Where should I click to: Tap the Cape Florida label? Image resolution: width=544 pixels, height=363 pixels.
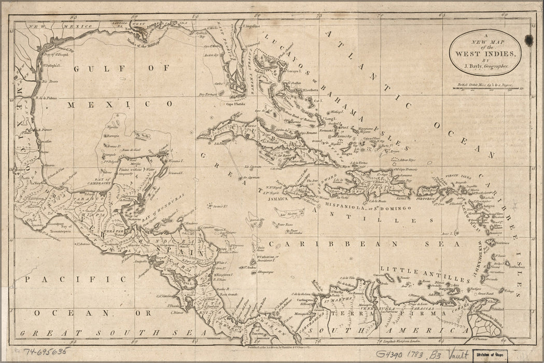pyautogui.click(x=235, y=104)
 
